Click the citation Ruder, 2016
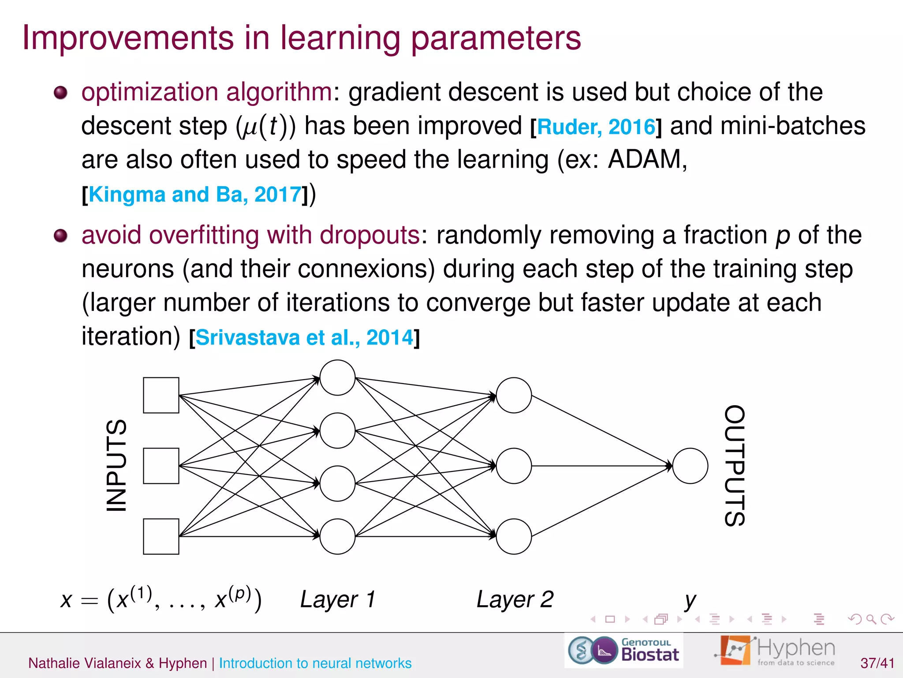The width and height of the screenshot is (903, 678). coord(596,127)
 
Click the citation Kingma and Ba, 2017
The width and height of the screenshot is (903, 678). coord(195,195)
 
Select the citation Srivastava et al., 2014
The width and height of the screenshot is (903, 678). coord(304,338)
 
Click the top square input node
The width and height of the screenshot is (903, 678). coord(161,395)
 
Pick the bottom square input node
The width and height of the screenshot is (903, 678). coord(161,536)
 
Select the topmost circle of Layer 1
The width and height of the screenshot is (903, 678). coord(337,377)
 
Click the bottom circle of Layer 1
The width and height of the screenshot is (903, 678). coord(337,536)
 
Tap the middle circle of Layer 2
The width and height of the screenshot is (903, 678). coord(514,466)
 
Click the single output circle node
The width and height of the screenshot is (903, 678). coord(690,466)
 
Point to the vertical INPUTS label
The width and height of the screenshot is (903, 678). coord(117,466)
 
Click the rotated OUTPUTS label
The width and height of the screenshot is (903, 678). coord(735,466)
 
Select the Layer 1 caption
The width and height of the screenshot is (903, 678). coord(337,599)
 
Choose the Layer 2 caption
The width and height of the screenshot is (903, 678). coord(515,599)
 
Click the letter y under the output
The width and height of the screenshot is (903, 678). coord(690,601)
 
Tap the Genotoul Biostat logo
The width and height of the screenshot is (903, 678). coord(624,651)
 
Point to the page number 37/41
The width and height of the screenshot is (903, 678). coord(877,663)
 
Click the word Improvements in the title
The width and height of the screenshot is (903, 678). coord(128,38)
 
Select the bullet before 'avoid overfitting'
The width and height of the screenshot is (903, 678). coord(60,236)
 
